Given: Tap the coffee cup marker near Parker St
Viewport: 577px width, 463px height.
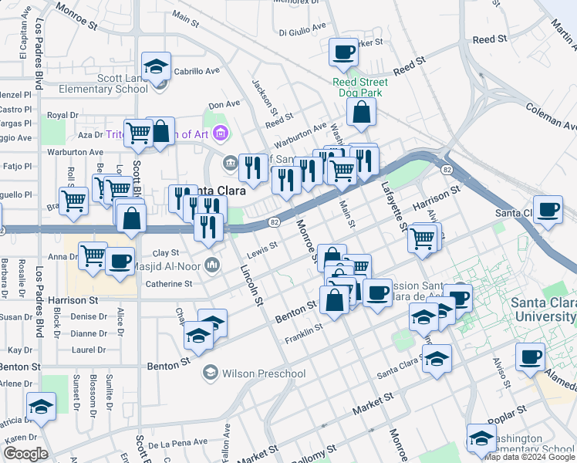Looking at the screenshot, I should click(343, 52).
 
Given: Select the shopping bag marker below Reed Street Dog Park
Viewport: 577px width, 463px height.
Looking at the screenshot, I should click(361, 113).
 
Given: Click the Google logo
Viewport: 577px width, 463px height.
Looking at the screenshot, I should click(25, 454).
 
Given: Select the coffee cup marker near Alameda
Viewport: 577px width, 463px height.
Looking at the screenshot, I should click(530, 357).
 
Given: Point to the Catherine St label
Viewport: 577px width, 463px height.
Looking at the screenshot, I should click(169, 284).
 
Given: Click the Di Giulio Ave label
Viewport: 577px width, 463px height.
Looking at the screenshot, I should click(302, 32).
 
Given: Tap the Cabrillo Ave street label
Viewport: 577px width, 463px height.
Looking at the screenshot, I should click(197, 70).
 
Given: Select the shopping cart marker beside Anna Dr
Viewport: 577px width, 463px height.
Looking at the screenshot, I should click(93, 255).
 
